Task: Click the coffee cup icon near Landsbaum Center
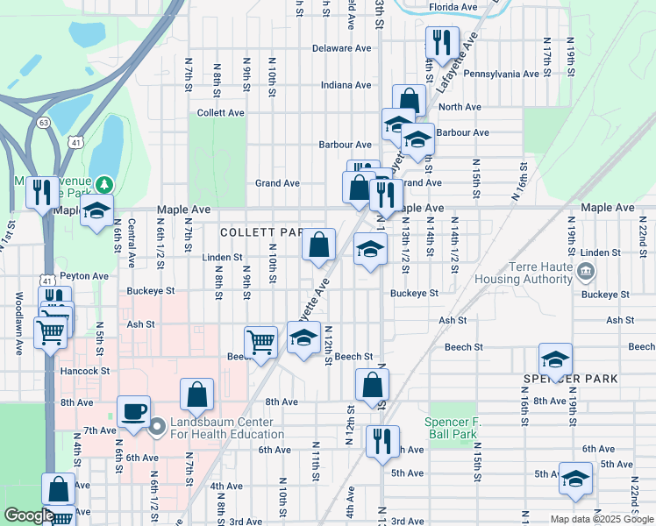pyautogui.click(x=134, y=411)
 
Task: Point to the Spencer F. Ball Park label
pyautogui.click(x=453, y=427)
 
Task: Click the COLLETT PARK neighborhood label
pyautogui.click(x=260, y=232)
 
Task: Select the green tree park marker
pyautogui.click(x=105, y=184)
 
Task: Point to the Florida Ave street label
pyautogui.click(x=453, y=7)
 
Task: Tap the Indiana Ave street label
pyautogui.click(x=346, y=85)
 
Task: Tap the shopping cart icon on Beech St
pyautogui.click(x=261, y=341)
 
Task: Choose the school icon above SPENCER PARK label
pyautogui.click(x=555, y=359)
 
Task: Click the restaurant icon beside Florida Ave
pyautogui.click(x=441, y=42)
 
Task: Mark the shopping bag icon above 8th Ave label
pyautogui.click(x=197, y=394)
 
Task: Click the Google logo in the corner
pyautogui.click(x=29, y=515)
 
